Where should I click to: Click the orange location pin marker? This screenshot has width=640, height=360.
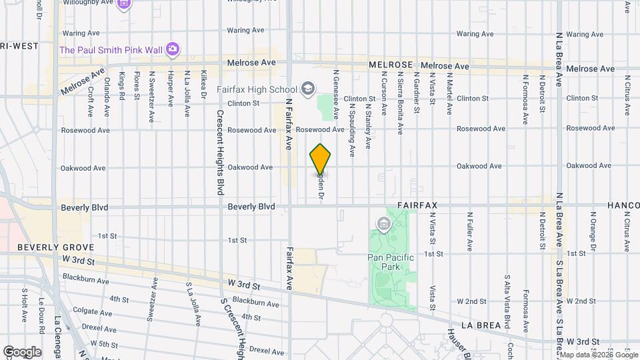[x=321, y=159]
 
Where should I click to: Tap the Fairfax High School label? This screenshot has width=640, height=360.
[x=257, y=89]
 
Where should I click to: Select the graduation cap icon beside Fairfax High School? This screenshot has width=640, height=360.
[x=308, y=88]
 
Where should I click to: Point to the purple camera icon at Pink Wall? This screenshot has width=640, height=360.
[x=173, y=49]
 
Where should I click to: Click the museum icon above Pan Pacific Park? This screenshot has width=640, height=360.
[x=384, y=223]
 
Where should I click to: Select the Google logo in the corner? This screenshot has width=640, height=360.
[x=22, y=352]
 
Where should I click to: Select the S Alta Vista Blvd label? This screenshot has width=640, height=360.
[x=507, y=301]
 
